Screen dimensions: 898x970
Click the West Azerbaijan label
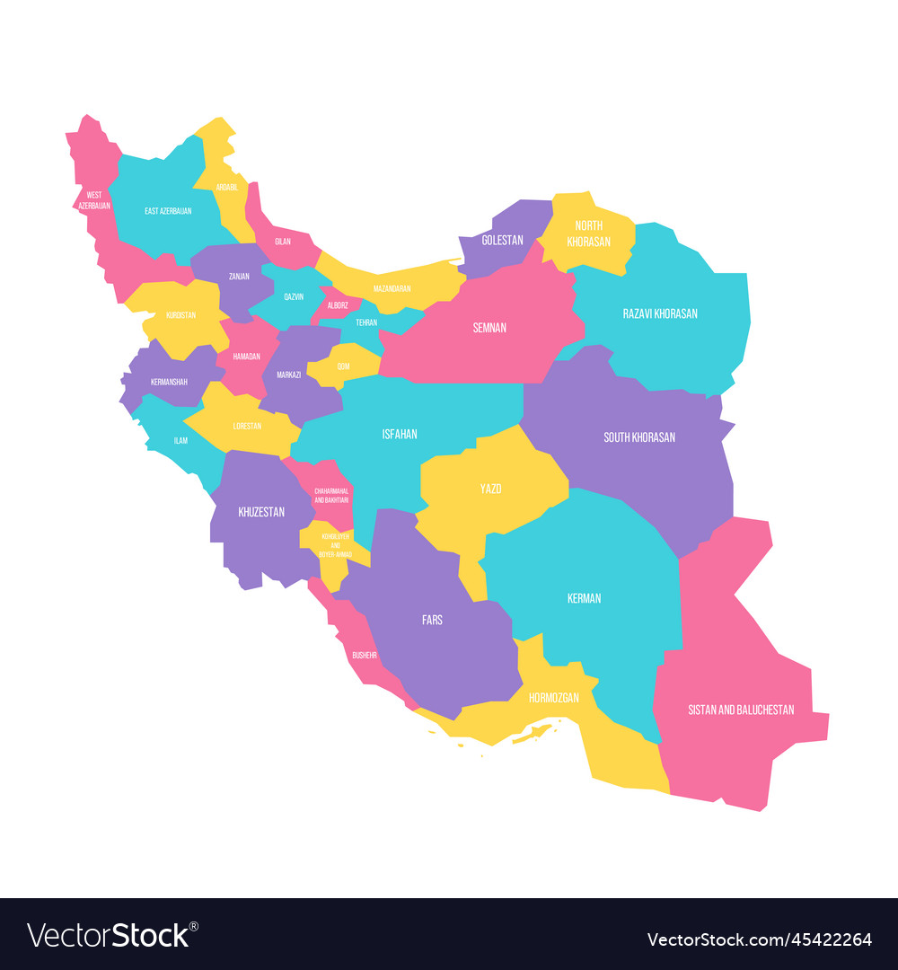pos(93,199)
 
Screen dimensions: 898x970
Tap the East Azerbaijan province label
pos(168,211)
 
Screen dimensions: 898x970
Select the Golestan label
pos(502,241)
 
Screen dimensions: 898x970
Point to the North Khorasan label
pos(588,234)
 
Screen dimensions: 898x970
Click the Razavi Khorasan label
pos(660,313)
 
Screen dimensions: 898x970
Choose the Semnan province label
pos(489,328)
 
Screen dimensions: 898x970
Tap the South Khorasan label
pos(639,437)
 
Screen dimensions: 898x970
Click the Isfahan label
pos(400,434)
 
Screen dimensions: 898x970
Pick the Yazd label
pos(490,489)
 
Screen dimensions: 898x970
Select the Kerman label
pos(585,598)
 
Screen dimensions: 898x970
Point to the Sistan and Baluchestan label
pos(741,710)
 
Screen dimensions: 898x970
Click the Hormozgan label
pos(553,697)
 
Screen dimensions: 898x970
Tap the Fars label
pos(432,620)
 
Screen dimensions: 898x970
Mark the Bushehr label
pos(365,655)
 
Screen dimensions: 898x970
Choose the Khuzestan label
pos(261,512)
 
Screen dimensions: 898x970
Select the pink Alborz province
pos(338,305)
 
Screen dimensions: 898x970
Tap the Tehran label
pos(366,322)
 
